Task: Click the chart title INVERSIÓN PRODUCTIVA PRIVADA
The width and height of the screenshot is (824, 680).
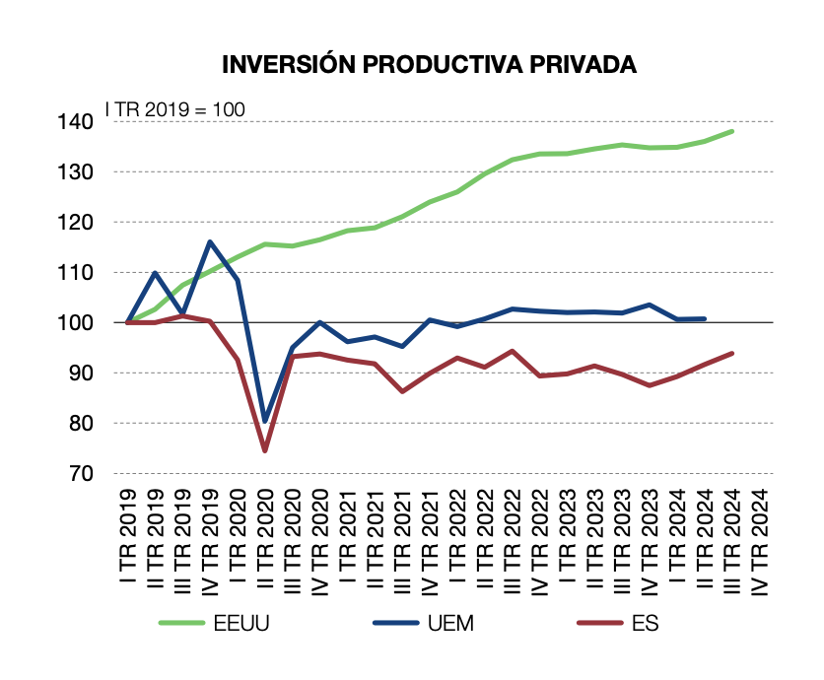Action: pos(429,65)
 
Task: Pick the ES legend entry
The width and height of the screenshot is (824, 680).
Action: pos(647,623)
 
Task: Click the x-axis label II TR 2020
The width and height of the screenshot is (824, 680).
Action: pos(265,542)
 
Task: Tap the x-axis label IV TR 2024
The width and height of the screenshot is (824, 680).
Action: pos(760,542)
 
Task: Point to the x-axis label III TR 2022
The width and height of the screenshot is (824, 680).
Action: pos(513,542)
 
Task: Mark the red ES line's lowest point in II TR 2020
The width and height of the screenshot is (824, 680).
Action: pos(265,450)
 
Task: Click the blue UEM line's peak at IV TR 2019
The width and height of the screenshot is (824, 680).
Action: pos(210,241)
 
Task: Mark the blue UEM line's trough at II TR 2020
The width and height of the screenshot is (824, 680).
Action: pos(265,421)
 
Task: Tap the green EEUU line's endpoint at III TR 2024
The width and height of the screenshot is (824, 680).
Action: pos(732,131)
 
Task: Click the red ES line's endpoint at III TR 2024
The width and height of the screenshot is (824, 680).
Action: pos(732,353)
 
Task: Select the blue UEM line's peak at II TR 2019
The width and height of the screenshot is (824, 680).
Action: pos(156,273)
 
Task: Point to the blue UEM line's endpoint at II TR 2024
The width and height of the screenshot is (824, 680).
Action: pos(705,318)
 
